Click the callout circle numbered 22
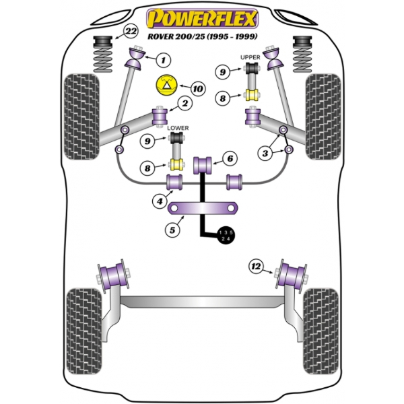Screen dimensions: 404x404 pyautogui.click(x=131, y=32)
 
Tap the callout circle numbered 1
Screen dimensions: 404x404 pyautogui.click(x=162, y=61)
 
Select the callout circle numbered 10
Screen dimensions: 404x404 pyautogui.click(x=197, y=88)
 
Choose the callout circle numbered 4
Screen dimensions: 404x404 pyautogui.click(x=160, y=200)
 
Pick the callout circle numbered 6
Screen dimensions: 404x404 pyautogui.click(x=230, y=158)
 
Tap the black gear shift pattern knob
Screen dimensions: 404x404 pyautogui.click(x=226, y=234)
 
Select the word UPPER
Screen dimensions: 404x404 pyautogui.click(x=250, y=58)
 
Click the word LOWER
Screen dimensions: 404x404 pyautogui.click(x=178, y=127)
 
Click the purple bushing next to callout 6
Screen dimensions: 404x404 pyautogui.click(x=203, y=163)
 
